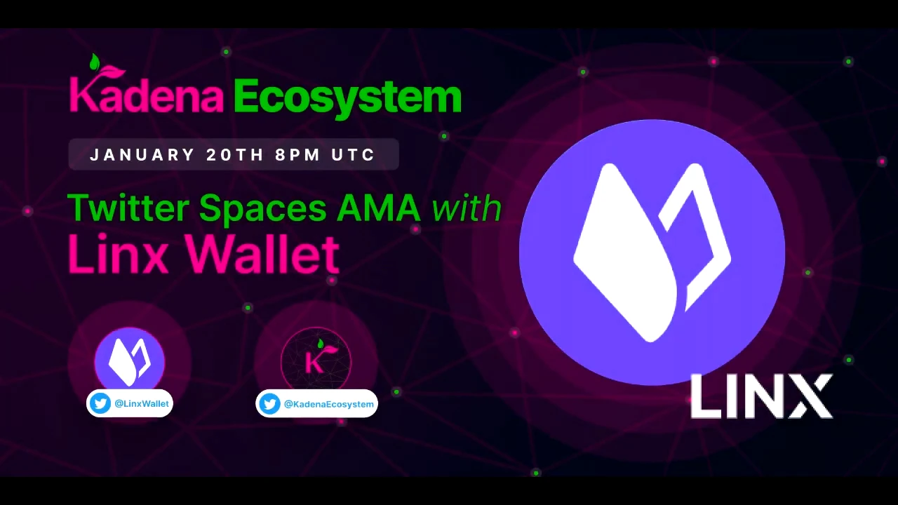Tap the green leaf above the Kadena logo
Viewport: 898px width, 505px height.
95,62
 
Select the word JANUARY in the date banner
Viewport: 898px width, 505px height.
142,155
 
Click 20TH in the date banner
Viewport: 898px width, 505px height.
235,155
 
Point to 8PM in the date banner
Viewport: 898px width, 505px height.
297,155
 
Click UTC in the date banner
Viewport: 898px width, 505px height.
353,155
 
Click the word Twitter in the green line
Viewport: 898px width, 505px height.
128,208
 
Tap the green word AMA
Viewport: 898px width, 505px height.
379,208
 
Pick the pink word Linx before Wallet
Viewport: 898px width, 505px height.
119,254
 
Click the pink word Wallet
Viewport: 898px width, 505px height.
263,253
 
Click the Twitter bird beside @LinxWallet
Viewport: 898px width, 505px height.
100,403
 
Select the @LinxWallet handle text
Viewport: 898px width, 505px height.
142,403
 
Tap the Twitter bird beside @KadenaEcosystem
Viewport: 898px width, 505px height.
269,403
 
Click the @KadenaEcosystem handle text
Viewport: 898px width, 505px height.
329,404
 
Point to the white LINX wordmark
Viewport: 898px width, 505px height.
761,396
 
